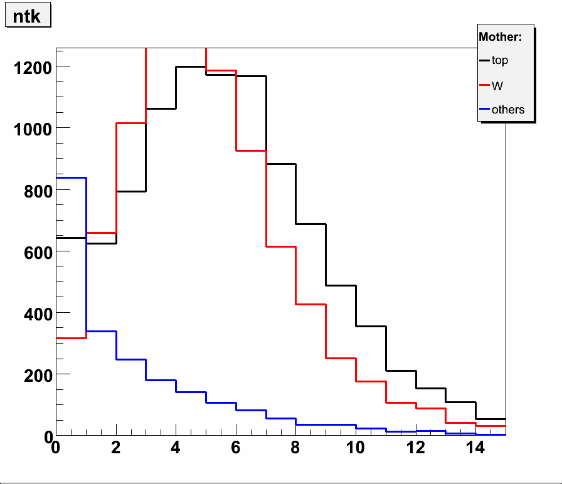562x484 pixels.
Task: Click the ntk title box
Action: (27, 16)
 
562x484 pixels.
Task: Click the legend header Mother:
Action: (500, 37)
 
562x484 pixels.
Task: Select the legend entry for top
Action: (500, 61)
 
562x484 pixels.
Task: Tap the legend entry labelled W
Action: (497, 85)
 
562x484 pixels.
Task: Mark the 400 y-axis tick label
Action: (36, 313)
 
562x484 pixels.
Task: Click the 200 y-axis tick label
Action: (36, 375)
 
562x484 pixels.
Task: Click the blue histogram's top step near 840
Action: (71, 178)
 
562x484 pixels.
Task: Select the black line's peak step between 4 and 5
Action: (191, 66)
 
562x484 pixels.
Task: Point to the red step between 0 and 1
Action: (71, 338)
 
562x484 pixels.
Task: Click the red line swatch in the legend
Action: (484, 85)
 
